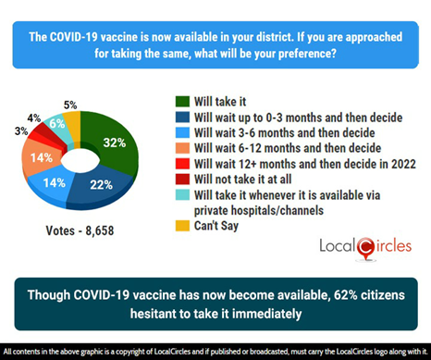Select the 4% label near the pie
click(x=33, y=118)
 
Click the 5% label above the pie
click(x=70, y=105)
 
